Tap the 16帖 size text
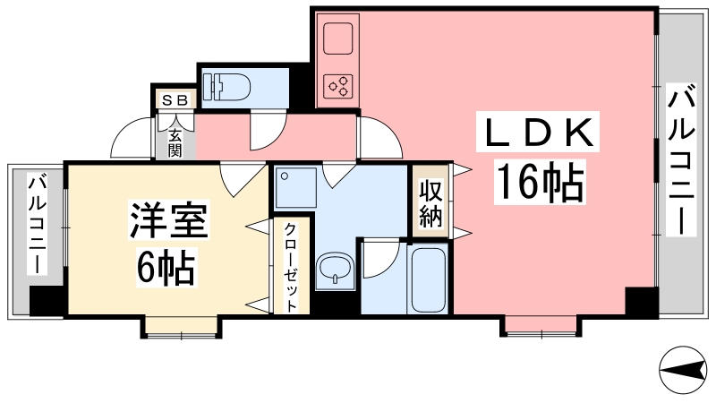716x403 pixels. pos(538,183)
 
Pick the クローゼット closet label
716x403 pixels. pos(292,266)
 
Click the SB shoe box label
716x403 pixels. pos(175,100)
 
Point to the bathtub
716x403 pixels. pos(429,279)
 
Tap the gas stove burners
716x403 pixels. pos(338,87)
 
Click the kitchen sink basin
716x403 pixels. pos(338,40)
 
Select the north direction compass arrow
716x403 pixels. pos(685,368)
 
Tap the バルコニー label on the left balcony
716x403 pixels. pos(38,223)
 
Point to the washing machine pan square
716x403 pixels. pos(293,190)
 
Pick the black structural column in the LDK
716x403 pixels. pos(640,302)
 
